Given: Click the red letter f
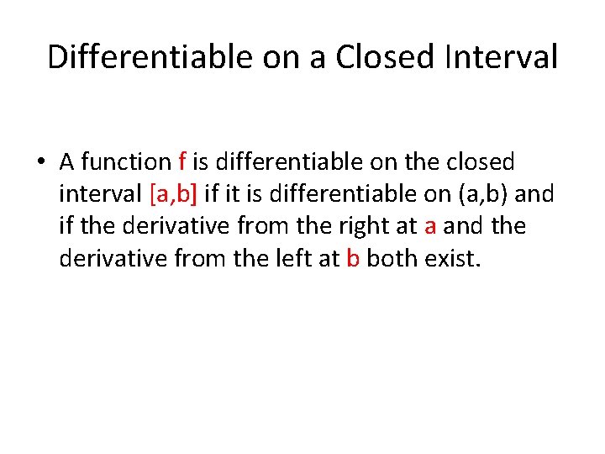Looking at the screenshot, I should (183, 161).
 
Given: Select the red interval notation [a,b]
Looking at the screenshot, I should (174, 193).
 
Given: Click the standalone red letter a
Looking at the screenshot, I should (430, 226).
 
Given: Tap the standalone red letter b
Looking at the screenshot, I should (353, 257).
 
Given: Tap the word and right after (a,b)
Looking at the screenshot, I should (534, 193).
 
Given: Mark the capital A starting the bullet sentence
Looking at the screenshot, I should (67, 161).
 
